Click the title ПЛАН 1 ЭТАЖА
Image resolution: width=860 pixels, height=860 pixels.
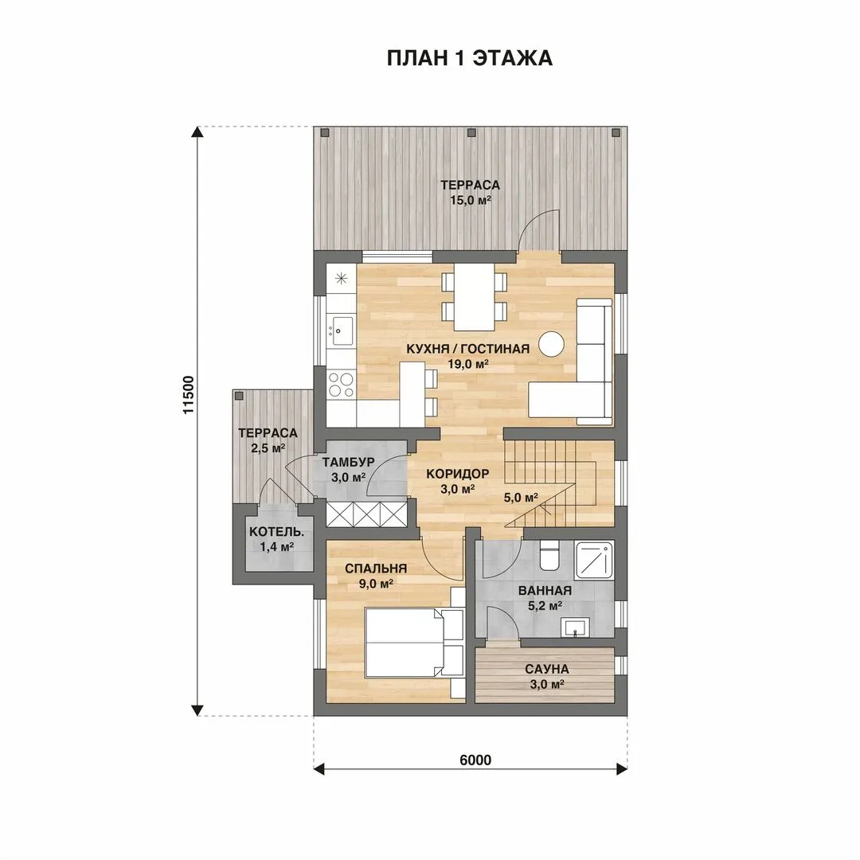click(470, 57)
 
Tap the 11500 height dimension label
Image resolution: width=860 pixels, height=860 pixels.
click(188, 394)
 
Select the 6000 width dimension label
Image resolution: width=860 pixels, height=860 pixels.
click(475, 760)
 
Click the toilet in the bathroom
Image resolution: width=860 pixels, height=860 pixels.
click(549, 555)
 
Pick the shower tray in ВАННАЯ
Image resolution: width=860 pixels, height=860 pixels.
click(595, 560)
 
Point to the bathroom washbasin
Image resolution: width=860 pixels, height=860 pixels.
click(575, 627)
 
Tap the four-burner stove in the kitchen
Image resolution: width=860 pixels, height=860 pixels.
click(341, 384)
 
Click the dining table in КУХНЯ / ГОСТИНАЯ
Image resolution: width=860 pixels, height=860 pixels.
click(475, 297)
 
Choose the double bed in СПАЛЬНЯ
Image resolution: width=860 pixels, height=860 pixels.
click(413, 642)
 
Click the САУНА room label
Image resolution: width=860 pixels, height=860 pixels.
click(547, 669)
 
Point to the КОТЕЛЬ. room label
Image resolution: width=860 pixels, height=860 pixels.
click(276, 532)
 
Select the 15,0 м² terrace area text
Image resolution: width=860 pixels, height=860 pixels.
click(471, 200)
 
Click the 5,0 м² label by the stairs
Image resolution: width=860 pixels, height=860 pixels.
click(521, 498)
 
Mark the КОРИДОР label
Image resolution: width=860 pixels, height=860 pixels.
click(457, 473)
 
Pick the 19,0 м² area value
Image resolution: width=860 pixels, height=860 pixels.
click(468, 364)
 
